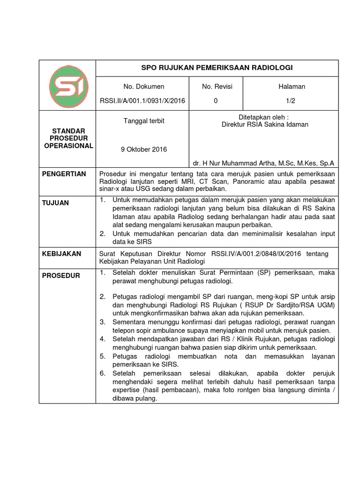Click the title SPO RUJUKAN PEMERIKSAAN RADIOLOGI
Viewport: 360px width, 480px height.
[x=217, y=68]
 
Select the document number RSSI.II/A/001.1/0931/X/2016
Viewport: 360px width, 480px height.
[x=142, y=100]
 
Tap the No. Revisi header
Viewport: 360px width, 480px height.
[x=217, y=87]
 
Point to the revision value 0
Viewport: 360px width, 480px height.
[x=216, y=100]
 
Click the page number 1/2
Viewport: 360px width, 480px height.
[x=292, y=100]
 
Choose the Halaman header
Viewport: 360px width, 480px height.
[x=292, y=87]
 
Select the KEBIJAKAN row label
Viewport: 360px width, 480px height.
[x=62, y=254]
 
